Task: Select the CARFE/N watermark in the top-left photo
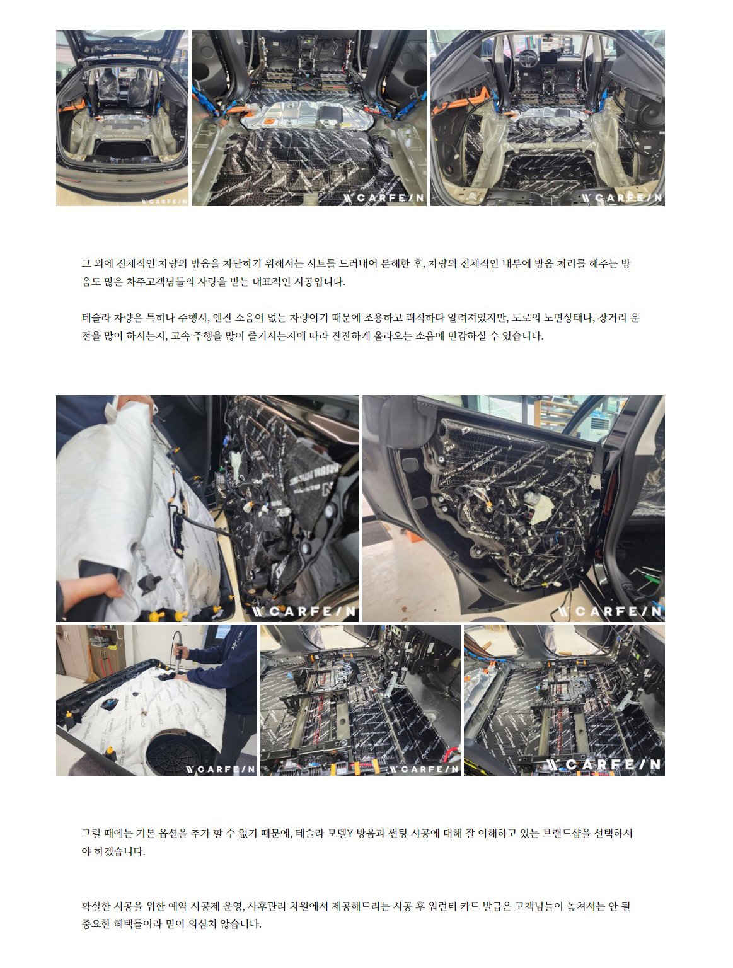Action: coord(164,202)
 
